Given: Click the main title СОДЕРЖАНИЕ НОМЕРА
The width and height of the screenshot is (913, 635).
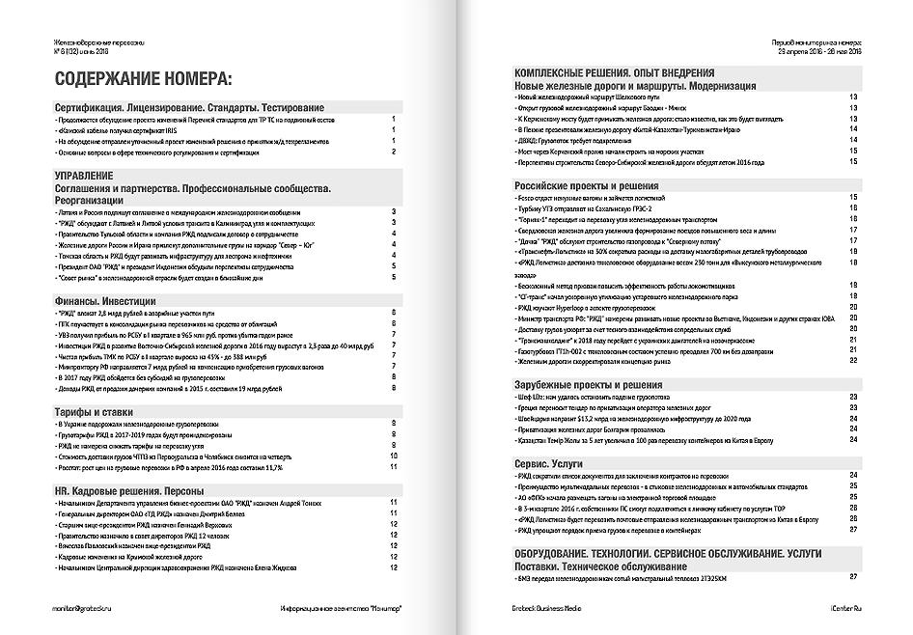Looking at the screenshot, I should pyautogui.click(x=143, y=79).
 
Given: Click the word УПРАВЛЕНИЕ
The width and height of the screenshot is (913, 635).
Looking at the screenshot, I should pyautogui.click(x=92, y=174).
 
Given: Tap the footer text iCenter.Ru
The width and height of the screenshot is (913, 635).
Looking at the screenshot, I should pyautogui.click(x=838, y=607).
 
